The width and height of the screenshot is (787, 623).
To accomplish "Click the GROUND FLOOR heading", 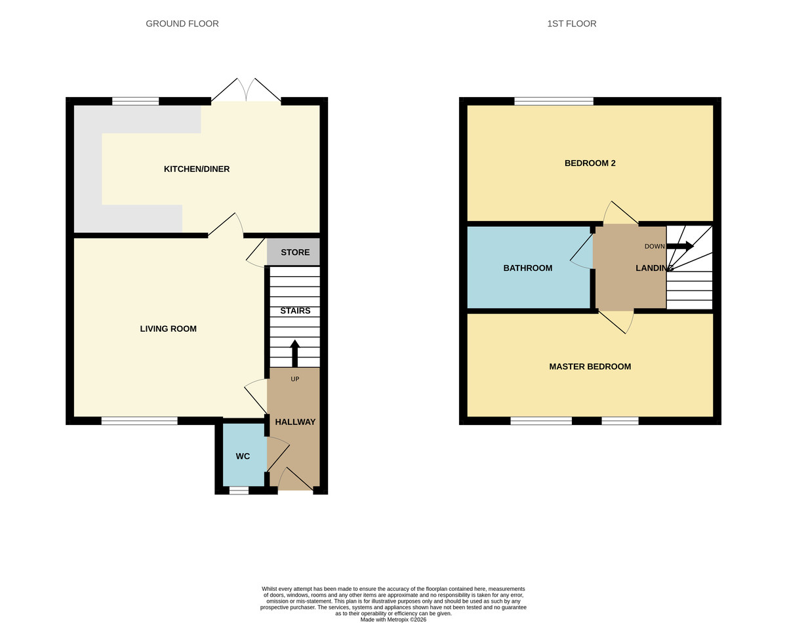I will [182, 24].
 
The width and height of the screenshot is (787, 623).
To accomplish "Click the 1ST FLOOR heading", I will [572, 24].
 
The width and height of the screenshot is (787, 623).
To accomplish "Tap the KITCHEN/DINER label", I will [197, 169].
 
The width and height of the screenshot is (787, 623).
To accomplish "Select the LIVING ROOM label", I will [169, 329].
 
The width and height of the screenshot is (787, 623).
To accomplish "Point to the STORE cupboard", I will [295, 252].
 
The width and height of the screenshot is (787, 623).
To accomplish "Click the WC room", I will [243, 456].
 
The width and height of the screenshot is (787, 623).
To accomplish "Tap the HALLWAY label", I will [295, 422].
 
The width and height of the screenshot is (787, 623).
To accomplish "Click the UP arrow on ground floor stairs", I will [294, 353].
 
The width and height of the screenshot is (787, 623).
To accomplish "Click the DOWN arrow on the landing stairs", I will [680, 247].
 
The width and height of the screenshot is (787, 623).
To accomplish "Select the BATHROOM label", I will [528, 268].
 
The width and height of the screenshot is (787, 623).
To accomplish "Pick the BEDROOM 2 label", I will [590, 163].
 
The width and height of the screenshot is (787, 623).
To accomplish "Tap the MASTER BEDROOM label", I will [590, 367].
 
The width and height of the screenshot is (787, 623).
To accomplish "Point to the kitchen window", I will [136, 101].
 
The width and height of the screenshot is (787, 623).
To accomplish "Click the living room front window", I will [139, 420].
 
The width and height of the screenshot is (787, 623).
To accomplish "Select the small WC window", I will [239, 490].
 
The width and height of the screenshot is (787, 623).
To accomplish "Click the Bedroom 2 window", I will [554, 101].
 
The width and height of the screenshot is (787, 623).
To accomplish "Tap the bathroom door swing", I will [582, 251].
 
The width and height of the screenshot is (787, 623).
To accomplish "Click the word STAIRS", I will [295, 311].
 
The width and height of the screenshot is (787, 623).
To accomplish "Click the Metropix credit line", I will [393, 619].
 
